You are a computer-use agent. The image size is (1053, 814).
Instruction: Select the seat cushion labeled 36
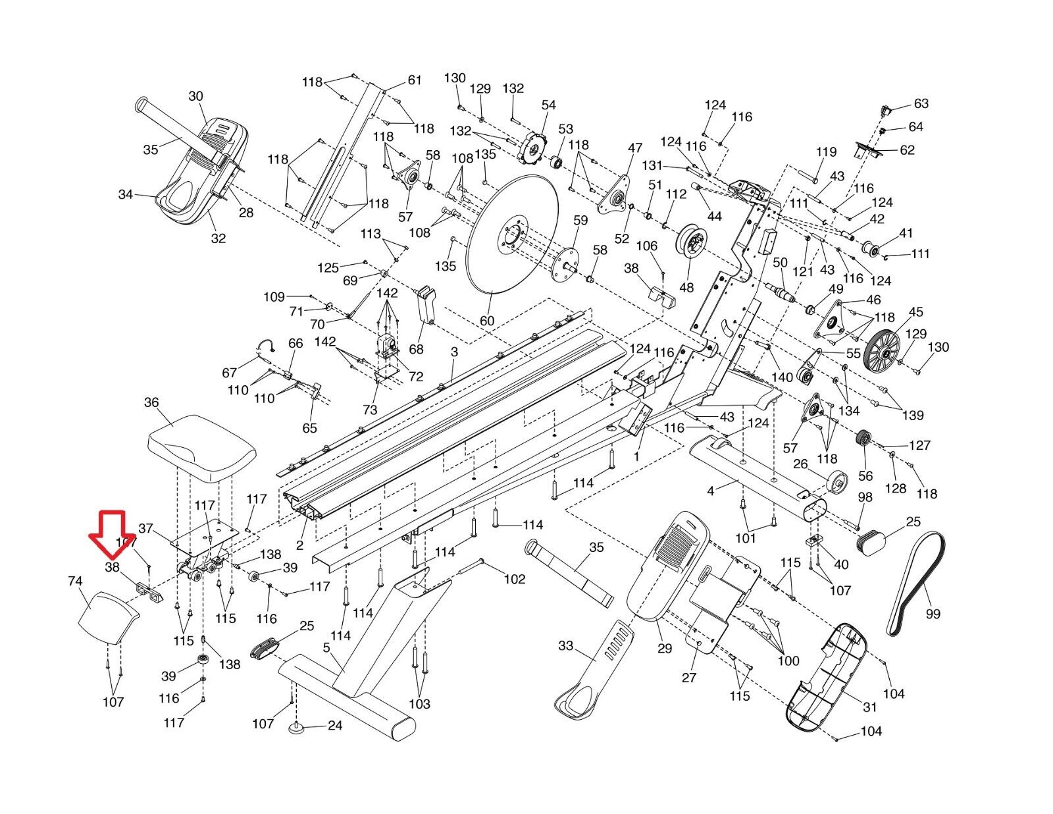click(201, 448)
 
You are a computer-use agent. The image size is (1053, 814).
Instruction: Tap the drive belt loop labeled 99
click(916, 583)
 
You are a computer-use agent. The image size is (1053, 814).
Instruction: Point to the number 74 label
click(75, 581)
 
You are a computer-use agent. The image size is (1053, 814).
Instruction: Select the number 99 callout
click(933, 614)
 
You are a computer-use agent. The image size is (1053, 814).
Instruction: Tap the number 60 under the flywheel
click(486, 321)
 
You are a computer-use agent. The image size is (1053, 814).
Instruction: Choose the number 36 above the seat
click(151, 402)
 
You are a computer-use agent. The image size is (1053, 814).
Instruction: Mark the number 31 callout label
click(870, 707)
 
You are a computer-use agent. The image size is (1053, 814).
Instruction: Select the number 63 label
click(921, 103)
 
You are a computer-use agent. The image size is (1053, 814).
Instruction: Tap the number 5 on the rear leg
click(326, 647)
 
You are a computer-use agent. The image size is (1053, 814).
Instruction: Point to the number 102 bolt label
click(514, 579)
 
